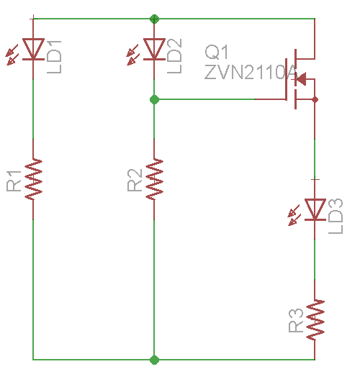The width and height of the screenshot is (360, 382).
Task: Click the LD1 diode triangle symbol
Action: point(33,48)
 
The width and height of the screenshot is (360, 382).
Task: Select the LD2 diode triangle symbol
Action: point(153,48)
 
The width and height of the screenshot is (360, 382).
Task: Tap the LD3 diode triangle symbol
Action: point(315,209)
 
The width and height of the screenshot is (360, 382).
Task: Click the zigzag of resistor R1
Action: point(33,179)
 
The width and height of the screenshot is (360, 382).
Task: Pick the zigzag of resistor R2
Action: point(153,179)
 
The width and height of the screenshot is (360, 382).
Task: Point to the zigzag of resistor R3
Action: point(315,319)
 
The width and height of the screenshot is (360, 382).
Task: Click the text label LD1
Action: point(55,53)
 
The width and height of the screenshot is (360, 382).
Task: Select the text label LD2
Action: point(175,53)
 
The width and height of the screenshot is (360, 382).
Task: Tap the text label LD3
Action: point(336,214)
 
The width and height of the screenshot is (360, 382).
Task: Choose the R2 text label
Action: point(135,181)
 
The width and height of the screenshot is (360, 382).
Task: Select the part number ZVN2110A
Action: point(251,73)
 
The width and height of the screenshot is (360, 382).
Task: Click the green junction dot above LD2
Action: point(153,18)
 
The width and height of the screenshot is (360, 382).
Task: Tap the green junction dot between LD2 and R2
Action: point(153,99)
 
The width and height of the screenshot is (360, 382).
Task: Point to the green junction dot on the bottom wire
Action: point(153,358)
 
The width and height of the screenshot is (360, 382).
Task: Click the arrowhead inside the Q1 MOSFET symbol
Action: point(302,78)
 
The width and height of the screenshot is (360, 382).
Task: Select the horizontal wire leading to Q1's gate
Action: point(216,99)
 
